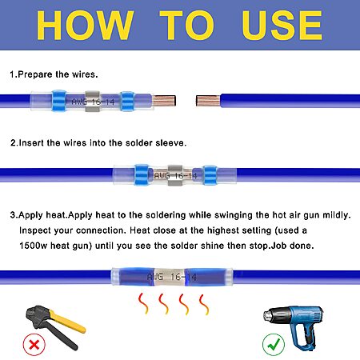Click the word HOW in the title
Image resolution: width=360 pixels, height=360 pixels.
tap(85, 26)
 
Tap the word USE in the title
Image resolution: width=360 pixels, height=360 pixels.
tap(282, 26)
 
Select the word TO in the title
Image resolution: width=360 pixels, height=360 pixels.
tap(187, 26)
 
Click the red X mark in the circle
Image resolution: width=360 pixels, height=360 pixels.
tap(34, 345)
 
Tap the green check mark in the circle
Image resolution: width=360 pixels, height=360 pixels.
tap(274, 345)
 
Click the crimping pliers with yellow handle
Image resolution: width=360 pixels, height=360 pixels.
tap(54, 326)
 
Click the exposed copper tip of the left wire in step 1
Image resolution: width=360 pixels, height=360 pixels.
tap(164, 101)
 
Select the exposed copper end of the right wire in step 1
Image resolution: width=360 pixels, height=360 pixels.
tap(208, 101)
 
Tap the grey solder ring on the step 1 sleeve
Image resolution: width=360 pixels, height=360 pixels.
tap(93, 101)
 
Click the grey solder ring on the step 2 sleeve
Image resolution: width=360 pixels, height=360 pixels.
tap(175, 175)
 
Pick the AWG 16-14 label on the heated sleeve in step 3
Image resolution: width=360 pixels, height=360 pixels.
tap(172, 277)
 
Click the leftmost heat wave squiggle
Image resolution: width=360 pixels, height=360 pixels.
tap(143, 303)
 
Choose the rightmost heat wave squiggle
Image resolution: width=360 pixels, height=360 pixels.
tap(204, 305)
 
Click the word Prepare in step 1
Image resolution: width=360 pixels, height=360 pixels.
tap(35, 74)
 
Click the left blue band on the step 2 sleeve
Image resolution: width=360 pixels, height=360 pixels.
tap(142, 174)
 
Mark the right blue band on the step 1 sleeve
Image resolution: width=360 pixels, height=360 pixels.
tap(127, 101)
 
